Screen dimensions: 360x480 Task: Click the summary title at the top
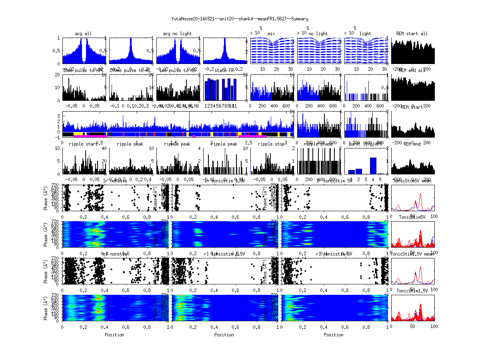(x=240, y=19)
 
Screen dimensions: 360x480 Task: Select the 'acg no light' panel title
(x=177, y=34)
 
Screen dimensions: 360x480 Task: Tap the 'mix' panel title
(x=272, y=34)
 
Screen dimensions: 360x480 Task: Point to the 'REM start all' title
(x=412, y=34)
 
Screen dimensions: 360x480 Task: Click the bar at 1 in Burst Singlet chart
(x=351, y=172)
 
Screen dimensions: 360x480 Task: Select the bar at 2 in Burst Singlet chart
(x=358, y=171)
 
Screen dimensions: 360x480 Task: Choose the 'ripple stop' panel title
(x=271, y=144)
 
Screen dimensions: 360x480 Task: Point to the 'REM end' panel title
(x=412, y=144)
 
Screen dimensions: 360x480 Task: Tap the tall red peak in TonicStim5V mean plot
(x=420, y=194)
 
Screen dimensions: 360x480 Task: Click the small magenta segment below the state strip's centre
(x=194, y=136)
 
